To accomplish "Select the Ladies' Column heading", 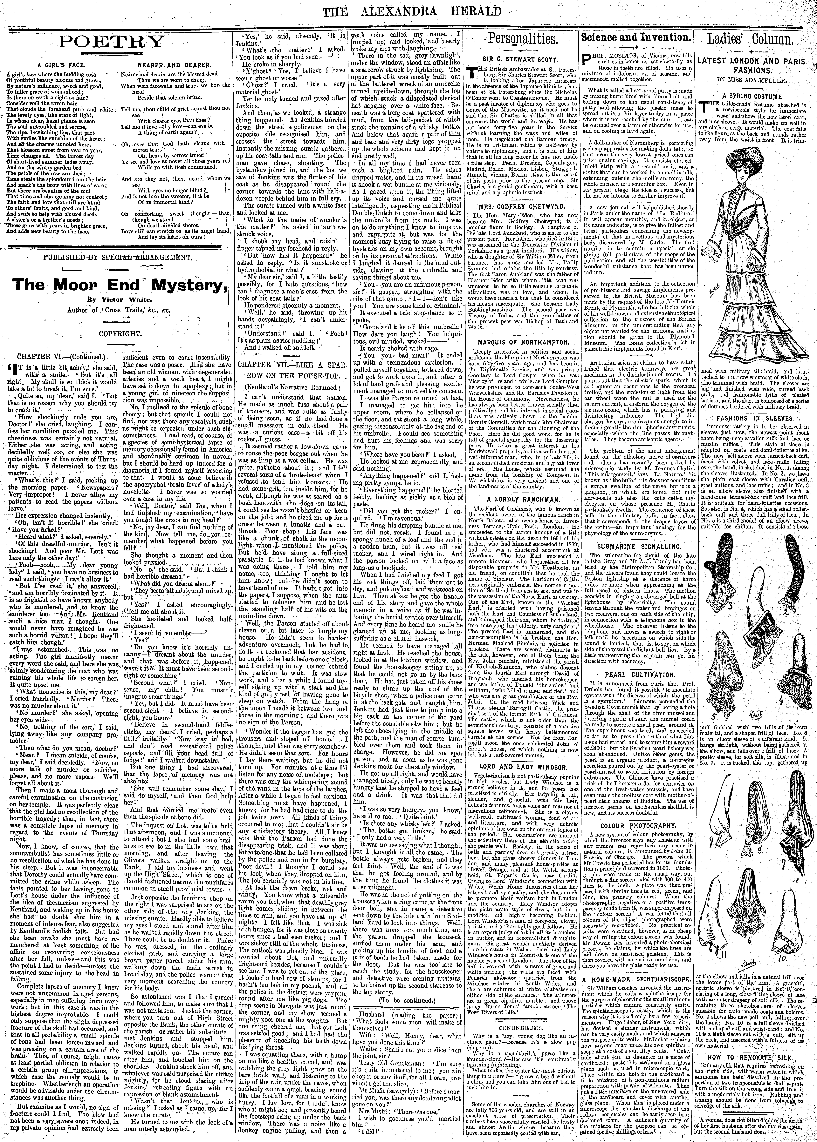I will coord(752,40).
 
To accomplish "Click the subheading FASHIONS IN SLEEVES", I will coord(752,418).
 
